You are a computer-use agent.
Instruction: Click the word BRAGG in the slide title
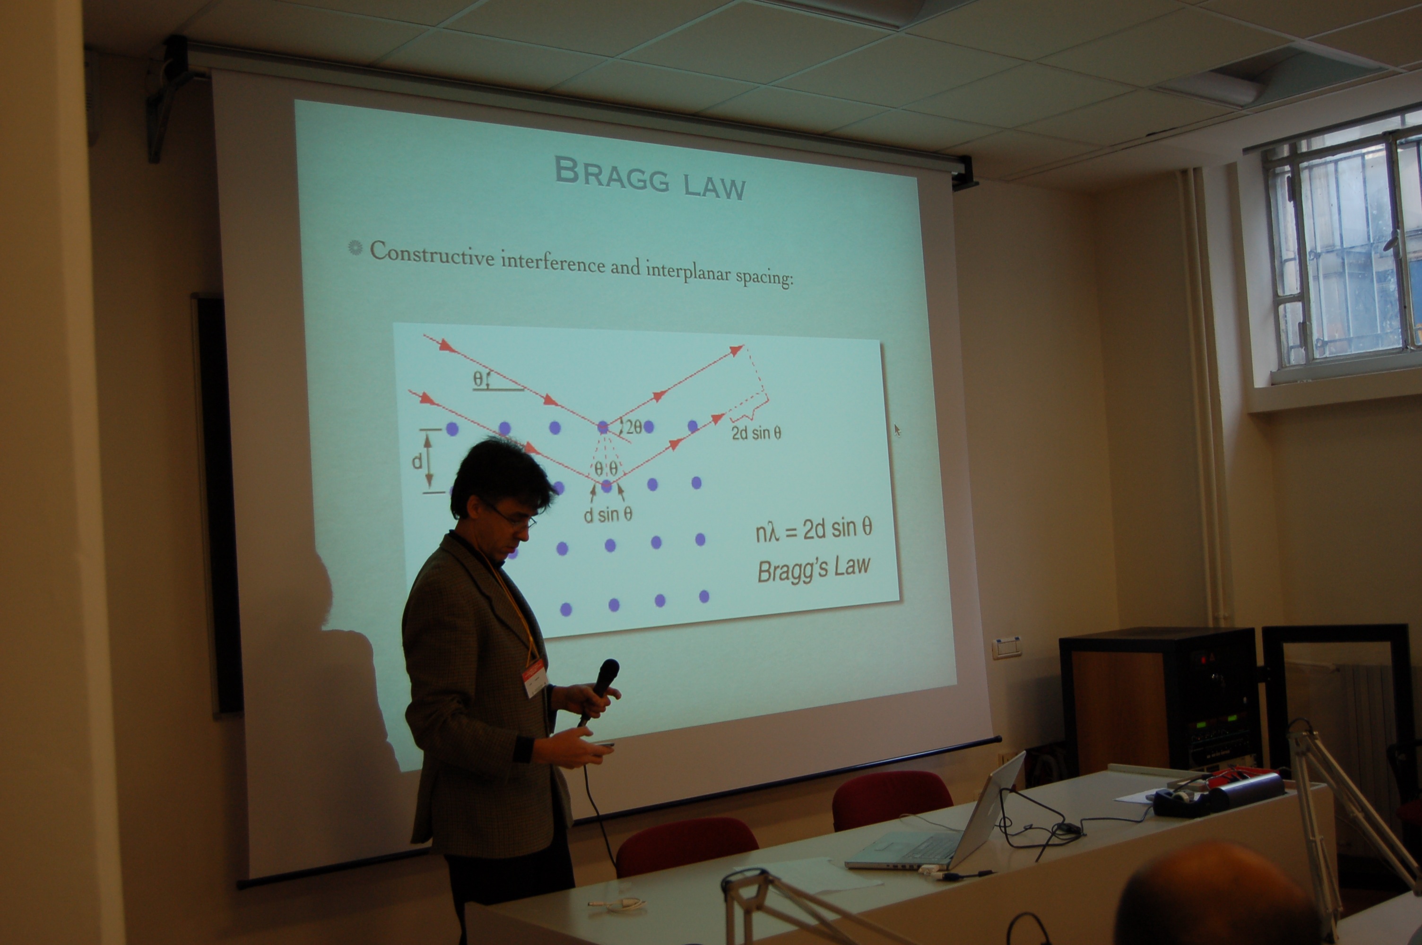(x=611, y=173)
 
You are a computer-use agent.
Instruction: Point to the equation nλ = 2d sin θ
(x=813, y=530)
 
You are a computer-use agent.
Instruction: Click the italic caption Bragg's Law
(x=813, y=568)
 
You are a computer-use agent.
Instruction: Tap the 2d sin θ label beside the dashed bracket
(x=756, y=433)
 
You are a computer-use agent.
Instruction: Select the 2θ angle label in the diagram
(x=633, y=427)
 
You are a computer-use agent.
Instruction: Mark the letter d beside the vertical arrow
(x=416, y=462)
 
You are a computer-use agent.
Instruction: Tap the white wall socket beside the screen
(x=1006, y=648)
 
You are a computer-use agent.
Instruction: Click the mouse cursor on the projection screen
(x=897, y=430)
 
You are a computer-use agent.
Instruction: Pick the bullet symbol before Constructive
(x=355, y=248)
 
